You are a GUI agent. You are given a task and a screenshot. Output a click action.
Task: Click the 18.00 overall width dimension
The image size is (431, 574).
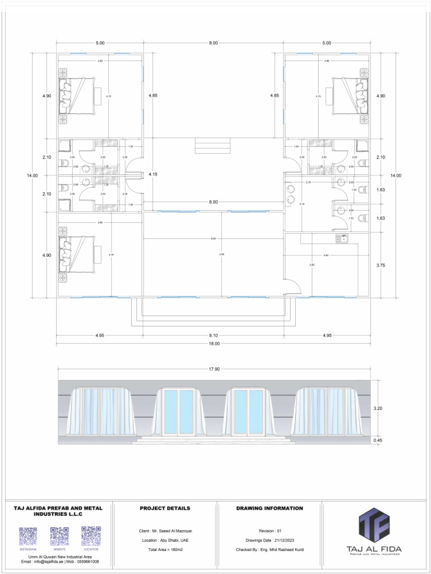pyautogui.click(x=213, y=344)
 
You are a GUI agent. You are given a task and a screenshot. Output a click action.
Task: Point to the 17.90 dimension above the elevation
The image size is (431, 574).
pyautogui.click(x=213, y=369)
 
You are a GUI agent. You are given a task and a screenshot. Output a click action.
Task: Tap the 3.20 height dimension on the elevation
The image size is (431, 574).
pyautogui.click(x=378, y=409)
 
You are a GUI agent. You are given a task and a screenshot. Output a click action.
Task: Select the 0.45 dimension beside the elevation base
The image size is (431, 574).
pyautogui.click(x=378, y=441)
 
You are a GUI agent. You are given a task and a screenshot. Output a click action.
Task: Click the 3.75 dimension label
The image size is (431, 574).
pyautogui.click(x=380, y=265)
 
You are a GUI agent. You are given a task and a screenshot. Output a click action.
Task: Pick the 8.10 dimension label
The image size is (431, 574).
pyautogui.click(x=213, y=335)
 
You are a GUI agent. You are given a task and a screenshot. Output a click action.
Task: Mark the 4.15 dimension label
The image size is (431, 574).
pyautogui.click(x=153, y=174)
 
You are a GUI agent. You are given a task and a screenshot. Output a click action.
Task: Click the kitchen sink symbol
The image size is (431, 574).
pyautogui.click(x=342, y=239)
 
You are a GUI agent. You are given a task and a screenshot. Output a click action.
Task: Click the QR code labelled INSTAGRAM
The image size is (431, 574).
pyautogui.click(x=28, y=536)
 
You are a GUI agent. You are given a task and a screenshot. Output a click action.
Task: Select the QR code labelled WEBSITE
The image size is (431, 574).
pyautogui.click(x=59, y=536)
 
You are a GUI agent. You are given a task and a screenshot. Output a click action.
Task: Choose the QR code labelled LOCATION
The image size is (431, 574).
pyautogui.click(x=90, y=536)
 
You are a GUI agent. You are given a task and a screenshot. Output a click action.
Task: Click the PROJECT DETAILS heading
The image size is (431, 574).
pyautogui.click(x=165, y=508)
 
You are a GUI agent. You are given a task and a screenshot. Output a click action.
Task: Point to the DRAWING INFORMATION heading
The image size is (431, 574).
pyautogui.click(x=269, y=508)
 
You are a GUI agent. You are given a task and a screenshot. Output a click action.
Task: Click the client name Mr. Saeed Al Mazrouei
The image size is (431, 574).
pyautogui.click(x=165, y=531)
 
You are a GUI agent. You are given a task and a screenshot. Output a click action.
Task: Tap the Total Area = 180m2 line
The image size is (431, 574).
pyautogui.click(x=165, y=550)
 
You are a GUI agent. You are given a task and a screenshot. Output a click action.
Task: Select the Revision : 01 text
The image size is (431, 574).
pyautogui.click(x=269, y=531)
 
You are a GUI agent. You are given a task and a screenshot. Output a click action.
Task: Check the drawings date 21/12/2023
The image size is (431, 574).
pyautogui.click(x=269, y=540)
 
